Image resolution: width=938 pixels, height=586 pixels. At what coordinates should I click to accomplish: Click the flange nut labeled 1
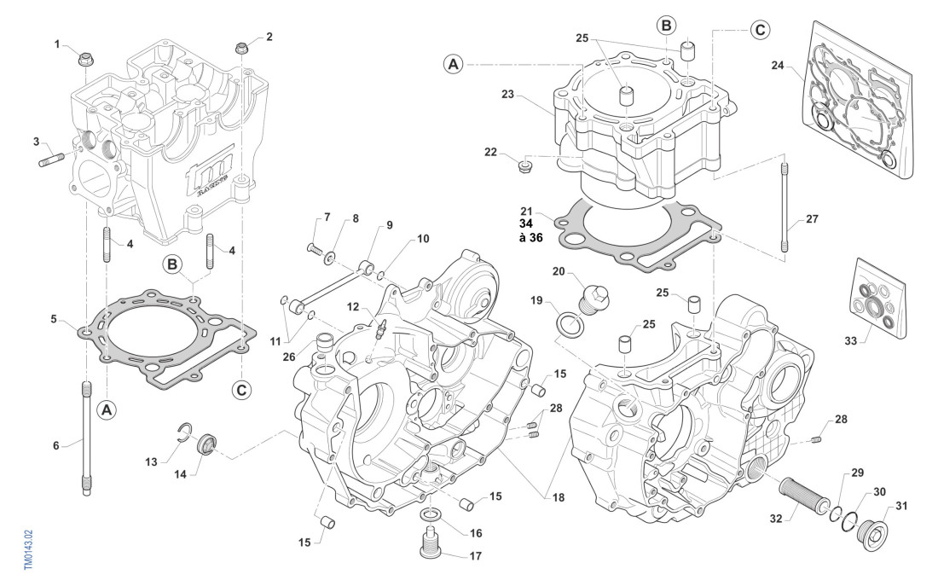85,59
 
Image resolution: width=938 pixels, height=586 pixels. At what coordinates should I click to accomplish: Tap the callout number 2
269,37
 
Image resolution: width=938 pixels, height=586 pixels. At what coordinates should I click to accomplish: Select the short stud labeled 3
50,160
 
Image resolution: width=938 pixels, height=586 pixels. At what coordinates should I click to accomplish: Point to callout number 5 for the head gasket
54,320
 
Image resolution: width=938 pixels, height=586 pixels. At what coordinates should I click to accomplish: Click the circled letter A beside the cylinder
454,63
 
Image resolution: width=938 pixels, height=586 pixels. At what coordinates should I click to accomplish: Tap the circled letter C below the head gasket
242,390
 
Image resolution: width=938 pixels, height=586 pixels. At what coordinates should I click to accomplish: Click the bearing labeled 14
206,444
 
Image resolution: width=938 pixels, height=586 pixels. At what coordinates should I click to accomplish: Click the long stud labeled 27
784,205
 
